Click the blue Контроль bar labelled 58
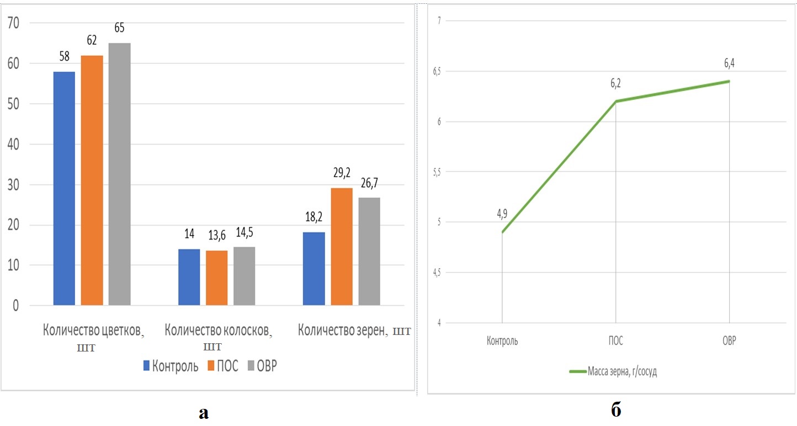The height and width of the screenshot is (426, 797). coord(64,188)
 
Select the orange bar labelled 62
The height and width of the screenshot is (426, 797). coord(92,180)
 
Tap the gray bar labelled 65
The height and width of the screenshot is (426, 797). coord(119,174)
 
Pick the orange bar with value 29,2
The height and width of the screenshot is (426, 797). coord(341,246)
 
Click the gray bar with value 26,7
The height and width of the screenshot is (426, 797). coord(369,251)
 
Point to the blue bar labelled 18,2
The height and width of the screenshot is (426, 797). coord(314,268)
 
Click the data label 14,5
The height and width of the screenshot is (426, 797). coord(244,233)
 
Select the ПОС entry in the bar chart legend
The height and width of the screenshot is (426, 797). coord(223,366)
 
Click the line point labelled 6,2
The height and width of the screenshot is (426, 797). coord(615,102)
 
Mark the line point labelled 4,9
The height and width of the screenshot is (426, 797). coord(502,232)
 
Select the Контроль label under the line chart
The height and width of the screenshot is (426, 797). coord(502,341)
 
